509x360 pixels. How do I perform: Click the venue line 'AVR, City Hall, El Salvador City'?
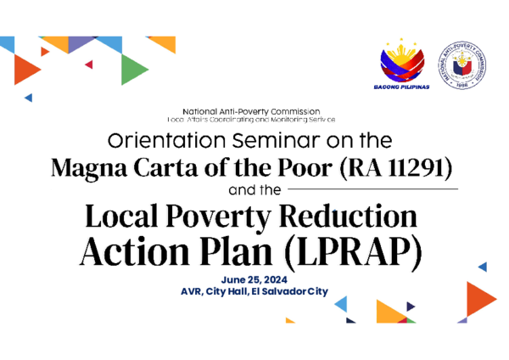point(255,291)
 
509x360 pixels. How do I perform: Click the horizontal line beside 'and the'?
point(373,188)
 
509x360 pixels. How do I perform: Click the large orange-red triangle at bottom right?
point(480,297)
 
